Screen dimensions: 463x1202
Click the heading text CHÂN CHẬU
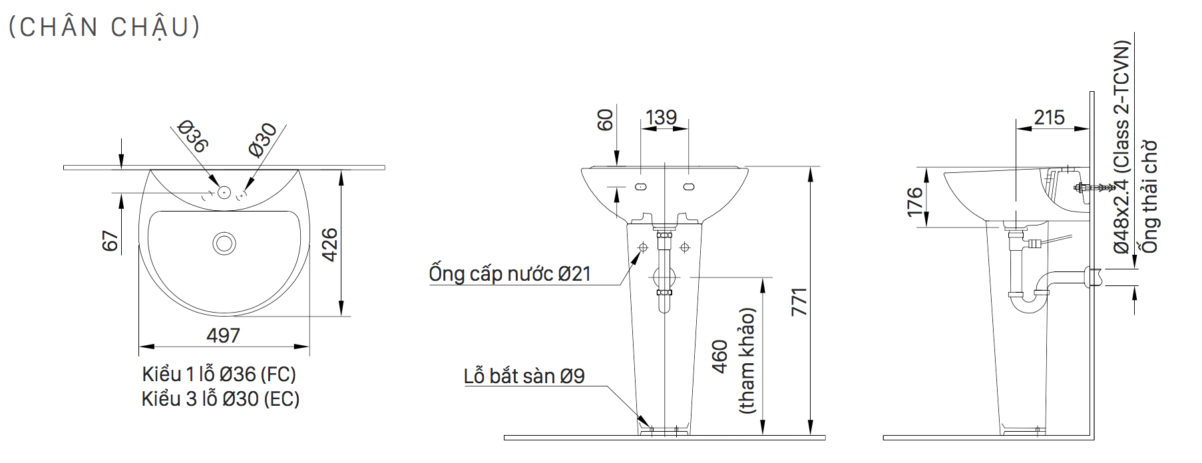[x=104, y=27]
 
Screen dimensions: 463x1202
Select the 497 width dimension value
[x=223, y=335]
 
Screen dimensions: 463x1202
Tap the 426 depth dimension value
[x=329, y=244]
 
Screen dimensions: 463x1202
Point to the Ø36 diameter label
[x=193, y=136]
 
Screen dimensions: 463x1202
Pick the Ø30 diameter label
[x=264, y=140]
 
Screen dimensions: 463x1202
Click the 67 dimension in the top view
[x=110, y=241]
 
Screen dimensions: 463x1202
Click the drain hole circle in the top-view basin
[x=224, y=243]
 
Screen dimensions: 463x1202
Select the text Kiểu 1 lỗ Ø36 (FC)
[x=219, y=375]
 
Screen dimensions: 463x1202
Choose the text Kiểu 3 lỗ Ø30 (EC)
[x=220, y=399]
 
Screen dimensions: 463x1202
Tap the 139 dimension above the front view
[x=661, y=118]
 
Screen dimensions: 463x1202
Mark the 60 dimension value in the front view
[x=605, y=120]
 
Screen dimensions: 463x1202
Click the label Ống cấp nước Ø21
[x=510, y=274]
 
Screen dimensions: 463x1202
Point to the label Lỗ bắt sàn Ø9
[x=524, y=377]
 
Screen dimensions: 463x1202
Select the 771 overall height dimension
[x=799, y=301]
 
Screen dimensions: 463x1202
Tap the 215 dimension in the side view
[x=1049, y=118]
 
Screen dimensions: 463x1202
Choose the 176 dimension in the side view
[x=915, y=202]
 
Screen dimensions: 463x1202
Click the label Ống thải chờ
[x=1150, y=197]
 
